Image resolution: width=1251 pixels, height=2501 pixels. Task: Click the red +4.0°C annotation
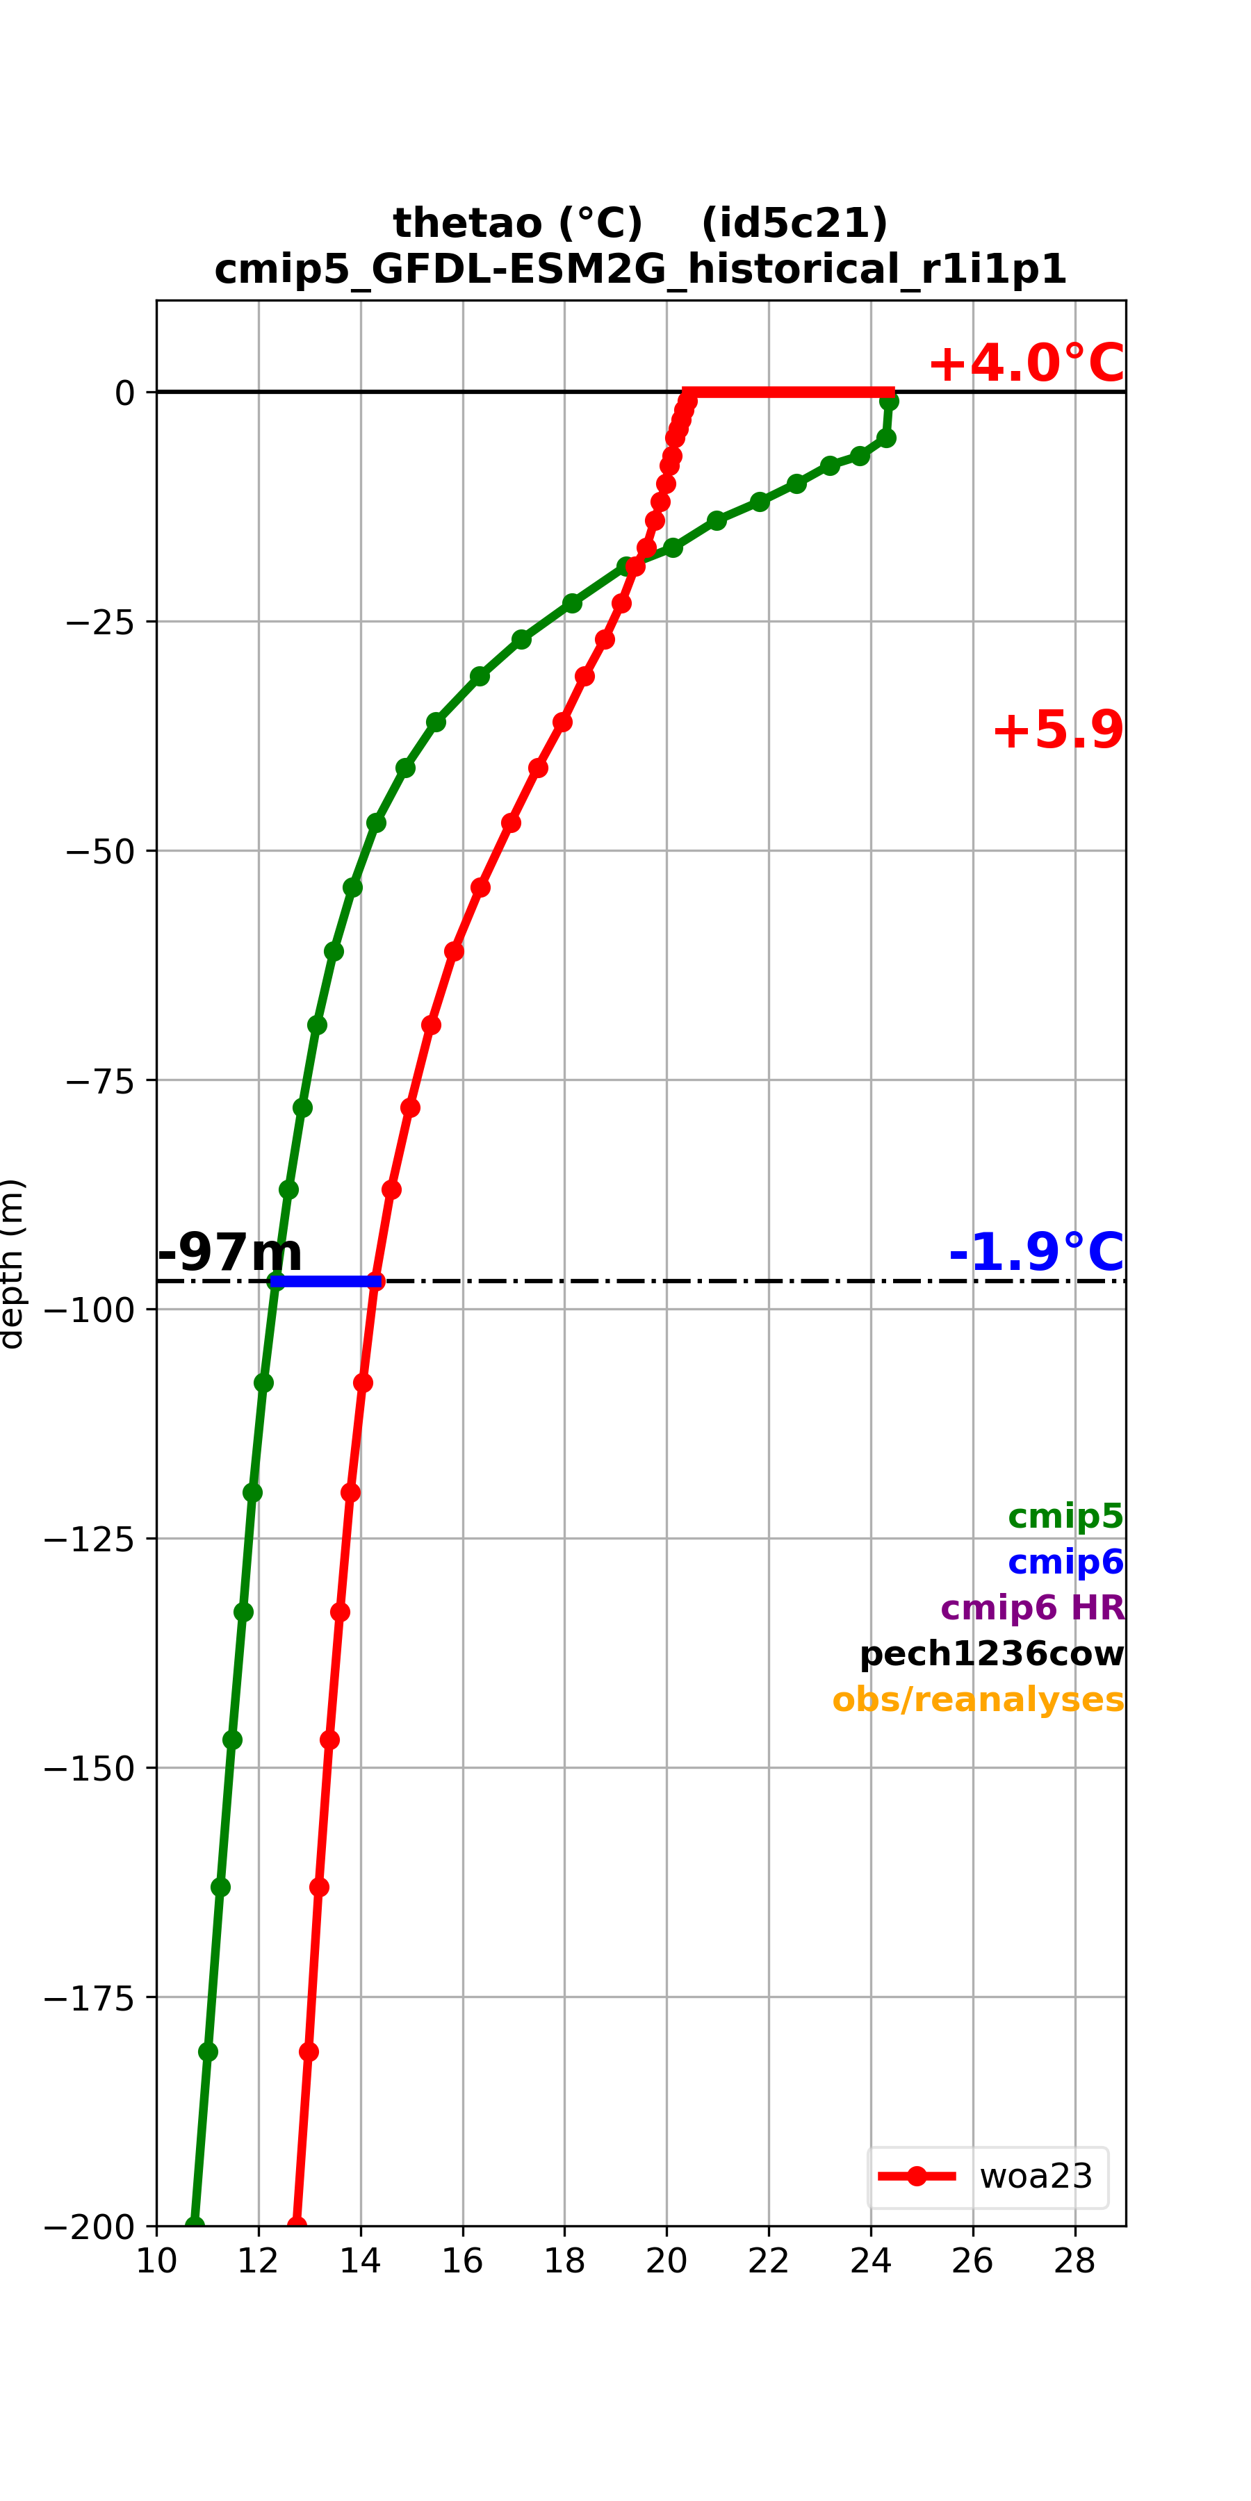coord(1026,363)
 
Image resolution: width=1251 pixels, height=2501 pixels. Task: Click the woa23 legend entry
coord(988,2177)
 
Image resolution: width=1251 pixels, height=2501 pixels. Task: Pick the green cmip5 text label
coord(1065,1516)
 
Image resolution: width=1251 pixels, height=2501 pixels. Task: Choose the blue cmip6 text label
coord(1065,1562)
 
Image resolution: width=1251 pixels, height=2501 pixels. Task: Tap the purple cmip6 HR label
coord(1033,1608)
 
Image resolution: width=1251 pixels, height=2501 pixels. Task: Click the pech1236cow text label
coord(992,1653)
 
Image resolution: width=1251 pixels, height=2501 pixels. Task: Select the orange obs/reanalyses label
coord(978,1700)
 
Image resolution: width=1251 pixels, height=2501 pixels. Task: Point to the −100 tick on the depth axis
coord(90,1310)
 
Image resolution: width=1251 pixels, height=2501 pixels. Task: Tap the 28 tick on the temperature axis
coord(1074,2262)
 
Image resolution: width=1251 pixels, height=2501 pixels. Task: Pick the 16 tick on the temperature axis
coord(462,2262)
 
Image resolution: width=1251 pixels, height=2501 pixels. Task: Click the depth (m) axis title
coord(12,1264)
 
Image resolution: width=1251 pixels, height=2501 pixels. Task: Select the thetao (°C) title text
coord(518,223)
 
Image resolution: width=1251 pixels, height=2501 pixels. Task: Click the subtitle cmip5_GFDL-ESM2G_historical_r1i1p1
coord(641,269)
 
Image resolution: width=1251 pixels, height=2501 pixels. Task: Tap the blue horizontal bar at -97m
coord(327,1282)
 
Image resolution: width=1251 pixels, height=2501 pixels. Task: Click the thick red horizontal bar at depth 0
coord(789,393)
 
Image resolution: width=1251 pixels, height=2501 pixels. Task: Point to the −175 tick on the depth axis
coord(90,1997)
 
